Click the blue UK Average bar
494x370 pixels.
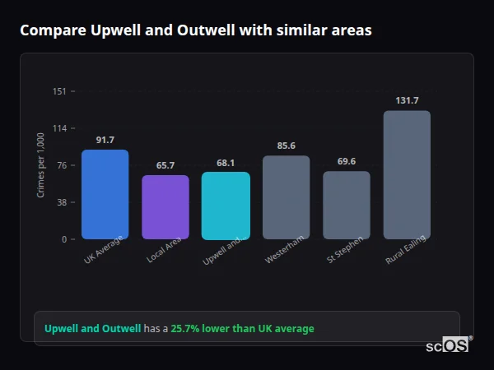105,195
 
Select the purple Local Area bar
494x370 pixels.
165,207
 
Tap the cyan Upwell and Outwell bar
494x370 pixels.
226,206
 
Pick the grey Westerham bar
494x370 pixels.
286,197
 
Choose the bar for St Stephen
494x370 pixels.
347,206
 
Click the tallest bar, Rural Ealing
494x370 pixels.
407,175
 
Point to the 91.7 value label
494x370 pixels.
105,140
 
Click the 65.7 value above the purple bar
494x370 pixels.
165,165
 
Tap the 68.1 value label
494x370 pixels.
226,163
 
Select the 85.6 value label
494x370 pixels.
286,146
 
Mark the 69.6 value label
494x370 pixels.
347,162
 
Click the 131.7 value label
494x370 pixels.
407,100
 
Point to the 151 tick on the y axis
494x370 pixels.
59,91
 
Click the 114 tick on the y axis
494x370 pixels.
59,128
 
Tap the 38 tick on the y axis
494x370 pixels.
60,202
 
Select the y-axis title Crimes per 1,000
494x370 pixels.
41,165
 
